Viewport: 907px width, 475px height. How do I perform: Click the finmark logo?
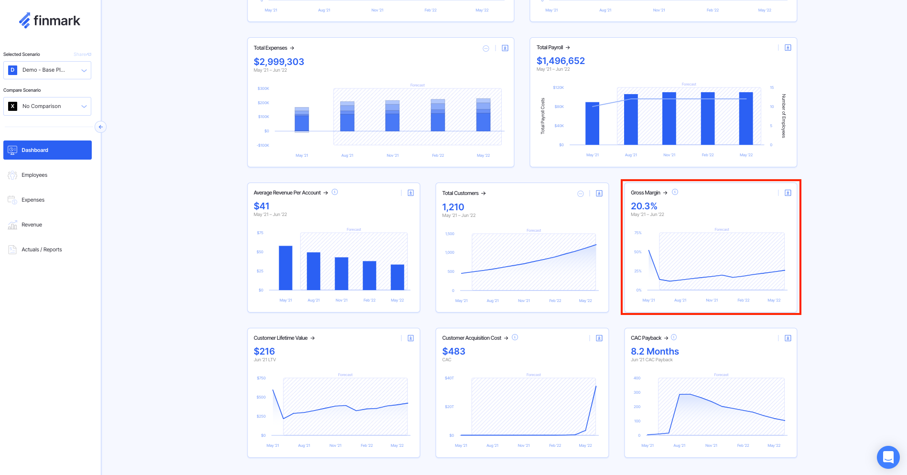tap(49, 21)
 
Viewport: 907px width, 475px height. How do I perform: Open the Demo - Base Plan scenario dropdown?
tap(47, 70)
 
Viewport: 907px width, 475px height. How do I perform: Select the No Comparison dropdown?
tap(47, 106)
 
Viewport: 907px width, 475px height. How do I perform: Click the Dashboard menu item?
tap(47, 150)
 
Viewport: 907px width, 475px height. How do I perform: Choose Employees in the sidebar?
tap(34, 175)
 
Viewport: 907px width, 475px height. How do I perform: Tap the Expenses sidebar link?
tap(33, 200)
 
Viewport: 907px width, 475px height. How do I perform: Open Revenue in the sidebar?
tap(32, 225)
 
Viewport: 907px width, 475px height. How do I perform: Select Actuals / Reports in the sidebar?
tap(42, 249)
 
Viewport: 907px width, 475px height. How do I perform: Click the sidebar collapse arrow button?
tap(100, 127)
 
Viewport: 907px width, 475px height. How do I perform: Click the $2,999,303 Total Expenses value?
tap(279, 62)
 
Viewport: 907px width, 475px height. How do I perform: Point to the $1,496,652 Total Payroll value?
tap(561, 61)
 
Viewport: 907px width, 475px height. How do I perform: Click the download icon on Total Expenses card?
tap(505, 48)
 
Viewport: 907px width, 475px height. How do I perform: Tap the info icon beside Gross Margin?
tap(675, 192)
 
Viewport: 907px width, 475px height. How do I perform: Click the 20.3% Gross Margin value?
tap(644, 206)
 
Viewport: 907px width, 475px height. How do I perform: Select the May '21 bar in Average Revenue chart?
tap(285, 268)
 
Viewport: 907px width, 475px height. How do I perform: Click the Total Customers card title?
tap(460, 193)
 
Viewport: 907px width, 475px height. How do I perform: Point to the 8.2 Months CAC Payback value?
tap(655, 351)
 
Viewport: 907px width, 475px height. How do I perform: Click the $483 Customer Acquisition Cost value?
tap(453, 351)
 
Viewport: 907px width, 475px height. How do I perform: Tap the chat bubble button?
tap(888, 457)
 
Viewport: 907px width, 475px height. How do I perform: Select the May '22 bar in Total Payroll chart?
tap(745, 119)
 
